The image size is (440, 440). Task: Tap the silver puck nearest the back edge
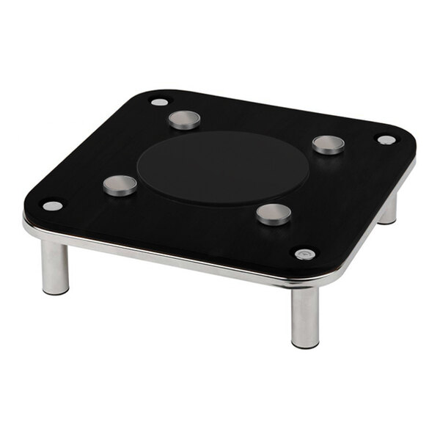(184, 120)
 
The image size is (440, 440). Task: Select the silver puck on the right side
(328, 144)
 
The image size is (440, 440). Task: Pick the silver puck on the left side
(120, 185)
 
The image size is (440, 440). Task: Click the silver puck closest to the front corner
(274, 213)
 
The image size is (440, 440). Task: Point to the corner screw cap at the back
(159, 102)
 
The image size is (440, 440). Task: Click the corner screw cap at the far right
(386, 139)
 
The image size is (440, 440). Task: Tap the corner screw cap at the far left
(52, 205)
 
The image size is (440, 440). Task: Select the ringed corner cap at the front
(304, 254)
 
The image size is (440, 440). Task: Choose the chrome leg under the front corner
(305, 315)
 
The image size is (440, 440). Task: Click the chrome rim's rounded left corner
(28, 227)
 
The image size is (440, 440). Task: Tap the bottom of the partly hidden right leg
(388, 221)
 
